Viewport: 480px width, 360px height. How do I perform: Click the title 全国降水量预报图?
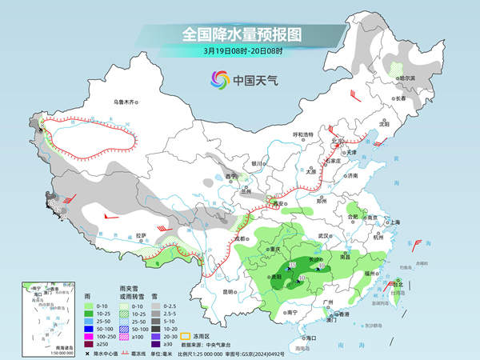(239, 34)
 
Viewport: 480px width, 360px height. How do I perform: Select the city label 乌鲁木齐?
(126, 102)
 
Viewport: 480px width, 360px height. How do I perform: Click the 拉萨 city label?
(142, 235)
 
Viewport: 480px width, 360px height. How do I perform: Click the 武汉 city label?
(323, 236)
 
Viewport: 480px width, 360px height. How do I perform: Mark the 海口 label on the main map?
(310, 338)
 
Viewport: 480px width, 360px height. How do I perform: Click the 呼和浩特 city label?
(304, 134)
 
